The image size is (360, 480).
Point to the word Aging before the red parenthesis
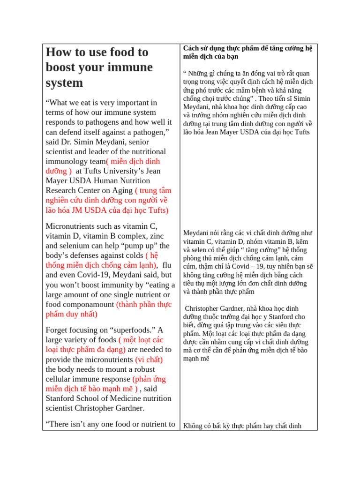120,191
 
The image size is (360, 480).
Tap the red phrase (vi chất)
149,360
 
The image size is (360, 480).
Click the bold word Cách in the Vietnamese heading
190,48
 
